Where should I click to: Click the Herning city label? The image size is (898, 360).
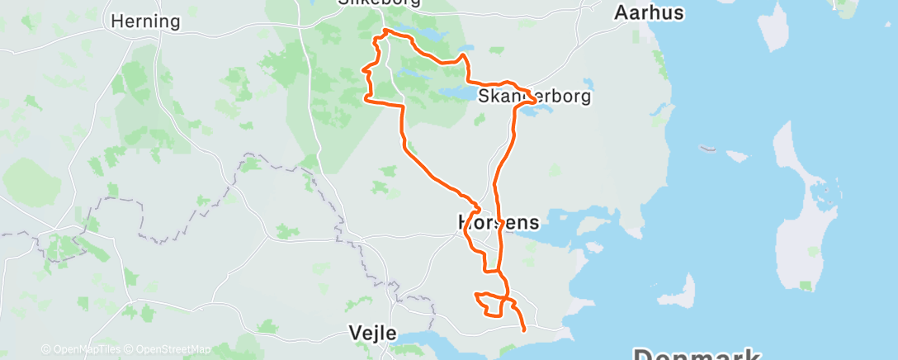(145, 21)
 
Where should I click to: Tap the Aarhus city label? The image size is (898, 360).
(650, 12)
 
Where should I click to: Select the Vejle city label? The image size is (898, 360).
(371, 334)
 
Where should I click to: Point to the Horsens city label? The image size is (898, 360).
(498, 222)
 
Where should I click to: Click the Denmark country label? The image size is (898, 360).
(697, 353)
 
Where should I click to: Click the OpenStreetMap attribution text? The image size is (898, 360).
(173, 349)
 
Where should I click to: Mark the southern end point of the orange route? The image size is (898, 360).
(524, 329)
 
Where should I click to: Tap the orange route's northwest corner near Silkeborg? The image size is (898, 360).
(380, 35)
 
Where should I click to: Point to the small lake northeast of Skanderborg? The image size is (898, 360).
(588, 84)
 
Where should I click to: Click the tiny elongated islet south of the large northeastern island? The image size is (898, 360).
(707, 149)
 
